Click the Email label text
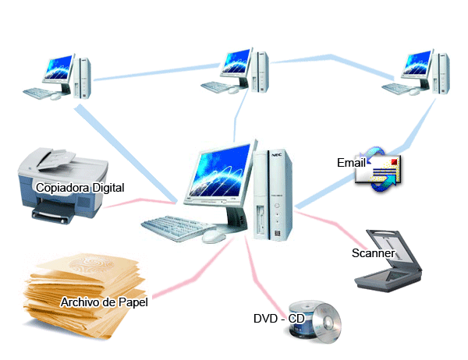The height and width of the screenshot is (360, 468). click(x=351, y=163)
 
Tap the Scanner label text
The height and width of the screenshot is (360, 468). click(x=374, y=253)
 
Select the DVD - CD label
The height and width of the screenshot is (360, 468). click(x=278, y=319)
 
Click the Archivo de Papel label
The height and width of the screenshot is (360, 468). click(x=105, y=302)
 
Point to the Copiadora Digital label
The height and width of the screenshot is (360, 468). click(x=80, y=188)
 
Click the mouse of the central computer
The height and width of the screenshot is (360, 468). click(x=214, y=237)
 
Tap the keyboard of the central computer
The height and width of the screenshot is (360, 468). click(x=178, y=228)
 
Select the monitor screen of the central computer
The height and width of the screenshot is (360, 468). click(x=221, y=171)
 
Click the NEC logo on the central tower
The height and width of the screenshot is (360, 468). click(x=277, y=155)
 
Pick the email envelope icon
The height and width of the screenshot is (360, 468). click(x=378, y=169)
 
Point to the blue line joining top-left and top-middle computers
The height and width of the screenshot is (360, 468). click(x=157, y=72)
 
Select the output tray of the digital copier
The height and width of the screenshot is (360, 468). click(x=54, y=214)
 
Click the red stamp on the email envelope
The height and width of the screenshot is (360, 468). click(x=394, y=161)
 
